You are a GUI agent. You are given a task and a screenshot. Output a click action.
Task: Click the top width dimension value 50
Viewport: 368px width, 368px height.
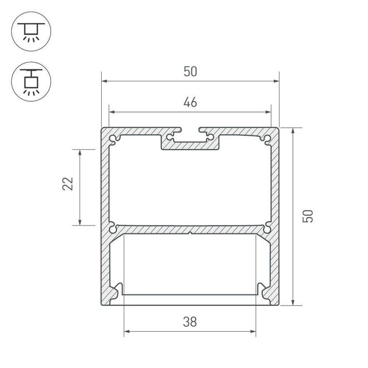click(x=190, y=72)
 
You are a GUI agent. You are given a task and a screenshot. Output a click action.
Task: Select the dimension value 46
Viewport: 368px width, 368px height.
click(x=190, y=102)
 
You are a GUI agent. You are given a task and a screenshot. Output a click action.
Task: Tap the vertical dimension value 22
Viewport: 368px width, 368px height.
click(x=68, y=184)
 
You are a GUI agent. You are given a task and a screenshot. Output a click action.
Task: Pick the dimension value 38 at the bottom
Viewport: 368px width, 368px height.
click(x=190, y=322)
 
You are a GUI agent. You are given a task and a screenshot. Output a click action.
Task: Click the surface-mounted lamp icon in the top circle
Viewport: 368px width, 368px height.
click(x=30, y=31)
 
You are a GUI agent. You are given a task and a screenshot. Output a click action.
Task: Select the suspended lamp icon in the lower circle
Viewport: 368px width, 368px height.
click(x=30, y=81)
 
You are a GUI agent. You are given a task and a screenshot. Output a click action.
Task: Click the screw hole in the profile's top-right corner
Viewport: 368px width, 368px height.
click(x=268, y=137)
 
